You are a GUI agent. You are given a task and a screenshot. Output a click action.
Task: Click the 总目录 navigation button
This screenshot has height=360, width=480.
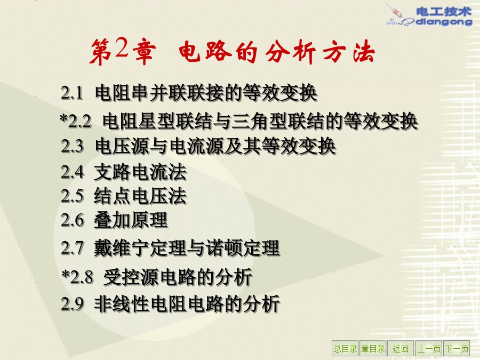(345, 348)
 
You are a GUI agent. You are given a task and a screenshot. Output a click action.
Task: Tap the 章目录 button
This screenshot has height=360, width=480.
(373, 348)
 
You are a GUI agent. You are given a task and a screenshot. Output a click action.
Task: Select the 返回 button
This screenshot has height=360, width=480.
(401, 348)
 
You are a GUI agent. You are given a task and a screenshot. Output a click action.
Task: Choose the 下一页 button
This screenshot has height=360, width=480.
(457, 348)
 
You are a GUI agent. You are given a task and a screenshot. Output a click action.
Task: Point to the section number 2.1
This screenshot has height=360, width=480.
(72, 93)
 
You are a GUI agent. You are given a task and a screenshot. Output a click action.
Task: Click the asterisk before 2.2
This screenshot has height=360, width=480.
(64, 118)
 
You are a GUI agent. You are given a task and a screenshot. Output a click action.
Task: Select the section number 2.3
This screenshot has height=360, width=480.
(72, 146)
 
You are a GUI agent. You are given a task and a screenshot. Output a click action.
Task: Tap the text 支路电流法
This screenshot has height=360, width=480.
(140, 172)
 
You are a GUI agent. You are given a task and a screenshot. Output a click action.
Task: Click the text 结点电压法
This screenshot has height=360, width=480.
(140, 196)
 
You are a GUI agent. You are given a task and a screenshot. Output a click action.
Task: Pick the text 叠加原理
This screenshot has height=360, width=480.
(131, 220)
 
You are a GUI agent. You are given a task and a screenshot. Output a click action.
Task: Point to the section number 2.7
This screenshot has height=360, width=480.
(72, 248)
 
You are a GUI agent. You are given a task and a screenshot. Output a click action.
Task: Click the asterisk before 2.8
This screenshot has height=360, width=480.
(66, 274)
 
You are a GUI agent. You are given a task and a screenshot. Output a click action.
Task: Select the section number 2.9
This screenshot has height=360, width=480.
(72, 304)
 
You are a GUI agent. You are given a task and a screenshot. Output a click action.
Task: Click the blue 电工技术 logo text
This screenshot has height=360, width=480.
(444, 12)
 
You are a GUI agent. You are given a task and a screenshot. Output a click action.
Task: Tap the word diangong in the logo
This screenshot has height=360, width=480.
(444, 21)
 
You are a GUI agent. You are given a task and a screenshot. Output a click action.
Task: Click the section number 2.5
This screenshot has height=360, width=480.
(72, 196)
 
